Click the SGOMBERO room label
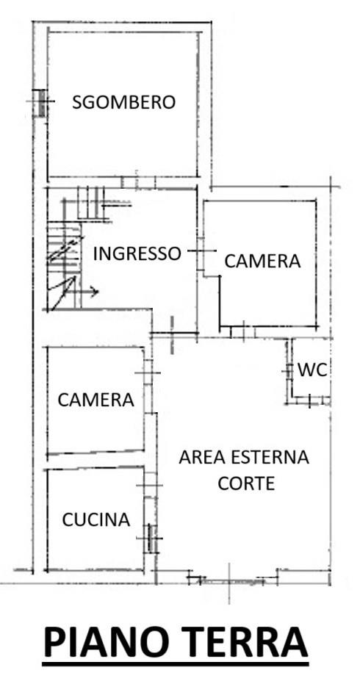pyautogui.click(x=124, y=102)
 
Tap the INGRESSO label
pyautogui.click(x=137, y=253)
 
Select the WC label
pyautogui.click(x=312, y=370)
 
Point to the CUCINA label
pyautogui.click(x=96, y=519)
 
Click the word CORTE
pyautogui.click(x=246, y=483)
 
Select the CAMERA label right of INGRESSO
pyautogui.click(x=262, y=261)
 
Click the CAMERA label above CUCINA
pyautogui.click(x=96, y=400)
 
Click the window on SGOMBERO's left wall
pyautogui.click(x=41, y=103)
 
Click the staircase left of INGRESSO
pyautogui.click(x=65, y=266)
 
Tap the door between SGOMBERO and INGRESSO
pyautogui.click(x=138, y=182)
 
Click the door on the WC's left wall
pyautogui.click(x=288, y=371)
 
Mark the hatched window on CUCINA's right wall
pyautogui.click(x=151, y=539)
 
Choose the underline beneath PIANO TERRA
pyautogui.click(x=176, y=664)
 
